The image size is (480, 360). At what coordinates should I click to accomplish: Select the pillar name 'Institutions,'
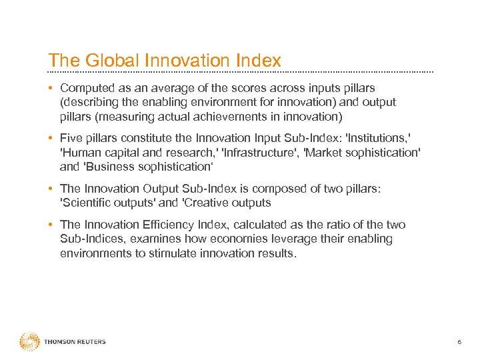coord(377,138)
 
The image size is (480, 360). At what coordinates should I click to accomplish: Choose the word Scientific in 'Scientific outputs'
coord(84,203)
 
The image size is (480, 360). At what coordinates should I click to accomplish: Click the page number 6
coord(459,342)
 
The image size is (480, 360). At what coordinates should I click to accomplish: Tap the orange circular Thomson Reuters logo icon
coord(29,342)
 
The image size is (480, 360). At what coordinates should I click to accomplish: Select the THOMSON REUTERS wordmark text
coord(75,342)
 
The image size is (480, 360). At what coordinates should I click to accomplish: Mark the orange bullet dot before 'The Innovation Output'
coord(51,189)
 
